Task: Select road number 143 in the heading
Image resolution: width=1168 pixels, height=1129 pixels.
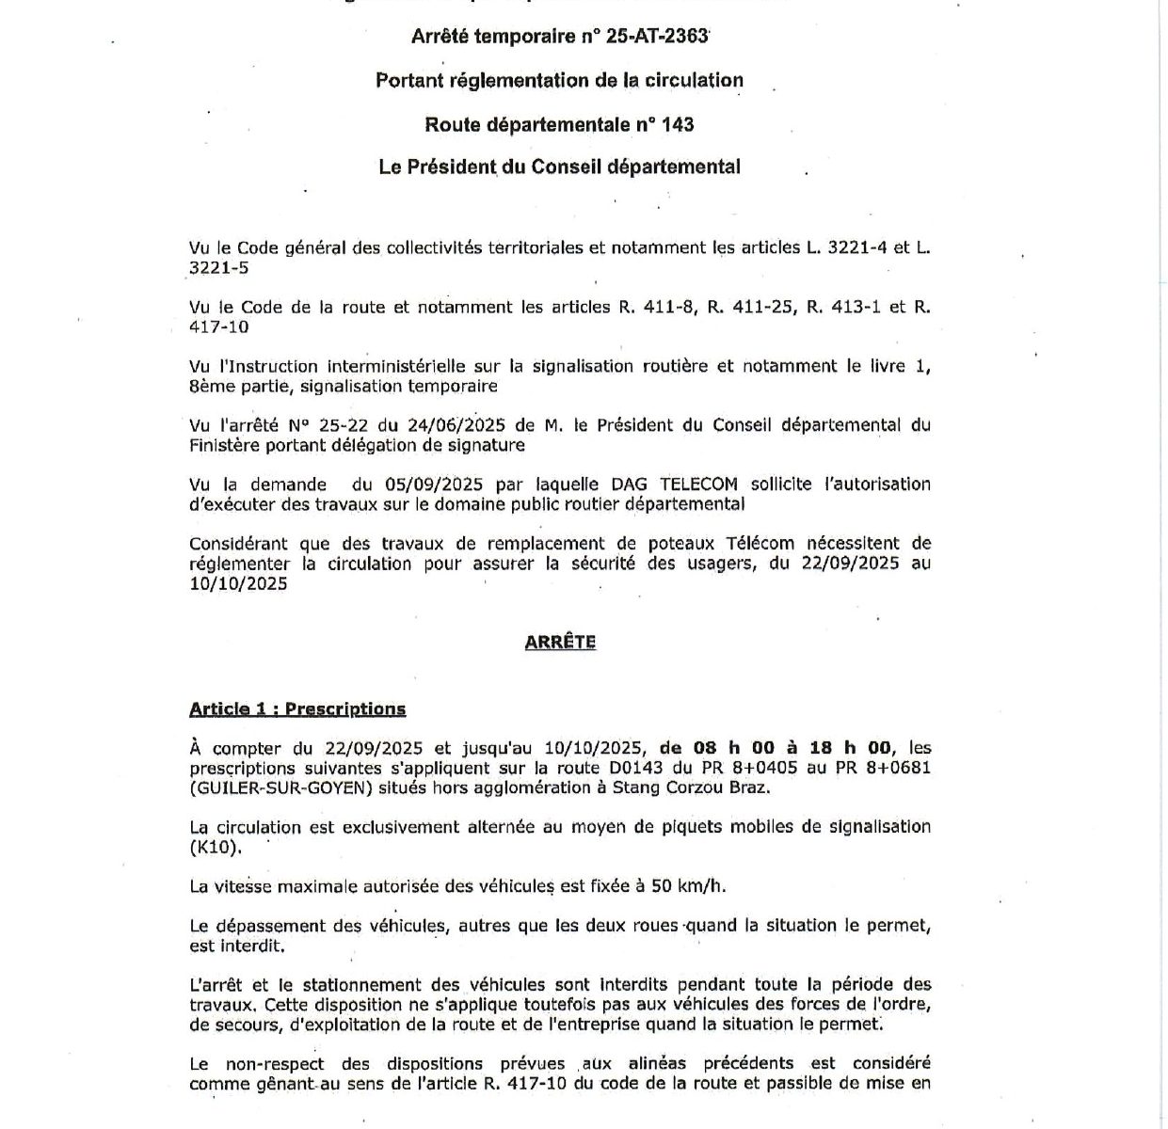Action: pos(676,124)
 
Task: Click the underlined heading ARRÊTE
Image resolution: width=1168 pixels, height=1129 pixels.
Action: pos(560,642)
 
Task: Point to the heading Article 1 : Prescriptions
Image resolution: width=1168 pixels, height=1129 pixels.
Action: pos(297,709)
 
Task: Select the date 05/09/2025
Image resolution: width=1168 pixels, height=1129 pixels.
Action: pos(434,485)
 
